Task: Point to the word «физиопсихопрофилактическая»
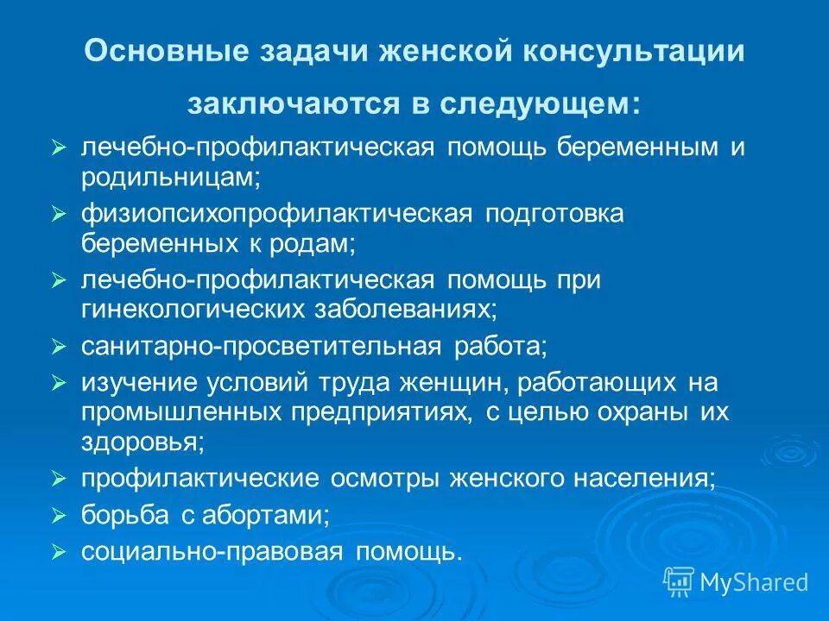click(275, 214)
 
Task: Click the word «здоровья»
click(142, 442)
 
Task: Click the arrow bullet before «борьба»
click(59, 516)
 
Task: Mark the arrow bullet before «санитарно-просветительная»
click(59, 347)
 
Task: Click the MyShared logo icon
click(679, 582)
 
